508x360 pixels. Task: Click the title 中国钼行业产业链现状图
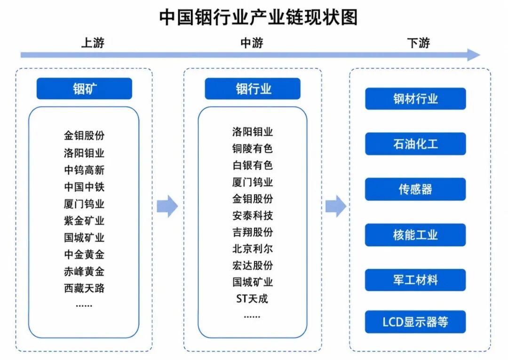[x=258, y=17]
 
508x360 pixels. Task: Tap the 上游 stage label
[x=93, y=43]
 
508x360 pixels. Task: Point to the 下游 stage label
[x=418, y=43]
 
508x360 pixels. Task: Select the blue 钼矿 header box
[x=84, y=88]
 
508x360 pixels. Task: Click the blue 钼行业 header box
[x=253, y=88]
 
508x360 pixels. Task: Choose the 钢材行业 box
[x=415, y=98]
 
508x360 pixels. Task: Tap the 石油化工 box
[x=415, y=144]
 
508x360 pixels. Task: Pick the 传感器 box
[x=415, y=189]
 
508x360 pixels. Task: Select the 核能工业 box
[x=415, y=235]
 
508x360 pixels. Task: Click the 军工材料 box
[x=415, y=280]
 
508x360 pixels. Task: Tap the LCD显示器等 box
[x=415, y=322]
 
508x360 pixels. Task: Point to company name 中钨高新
[x=84, y=170]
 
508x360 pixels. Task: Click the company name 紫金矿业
[x=84, y=221]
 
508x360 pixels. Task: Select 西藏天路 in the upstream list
[x=84, y=288]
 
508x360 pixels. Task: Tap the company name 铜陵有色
[x=253, y=148]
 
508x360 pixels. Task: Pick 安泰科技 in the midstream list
[x=253, y=216]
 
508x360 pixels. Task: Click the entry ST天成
[x=252, y=298]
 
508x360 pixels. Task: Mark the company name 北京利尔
[x=253, y=248]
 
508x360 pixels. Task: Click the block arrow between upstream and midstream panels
[x=167, y=206]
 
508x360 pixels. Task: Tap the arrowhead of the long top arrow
[x=474, y=55]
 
